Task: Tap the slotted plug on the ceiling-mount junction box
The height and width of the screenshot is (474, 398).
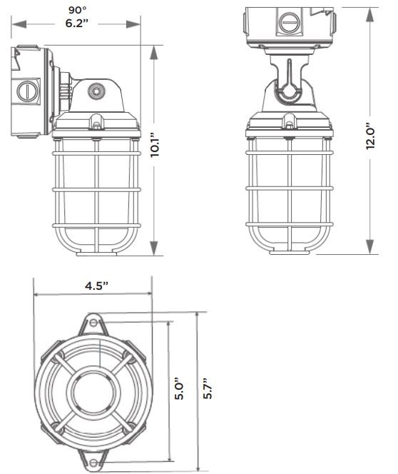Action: point(290,24)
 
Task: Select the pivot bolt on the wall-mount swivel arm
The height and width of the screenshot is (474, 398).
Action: point(96,91)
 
